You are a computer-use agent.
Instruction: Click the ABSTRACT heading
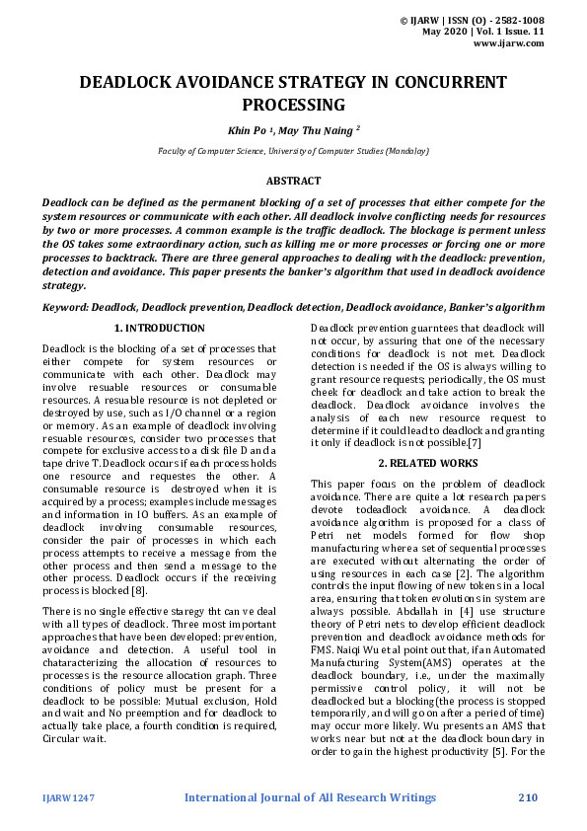click(x=293, y=181)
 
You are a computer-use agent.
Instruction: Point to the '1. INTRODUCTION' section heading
click(x=159, y=328)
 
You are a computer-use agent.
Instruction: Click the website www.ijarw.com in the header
click(x=509, y=43)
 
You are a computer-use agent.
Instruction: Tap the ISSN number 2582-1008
click(x=521, y=20)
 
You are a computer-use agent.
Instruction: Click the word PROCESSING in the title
click(x=293, y=105)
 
